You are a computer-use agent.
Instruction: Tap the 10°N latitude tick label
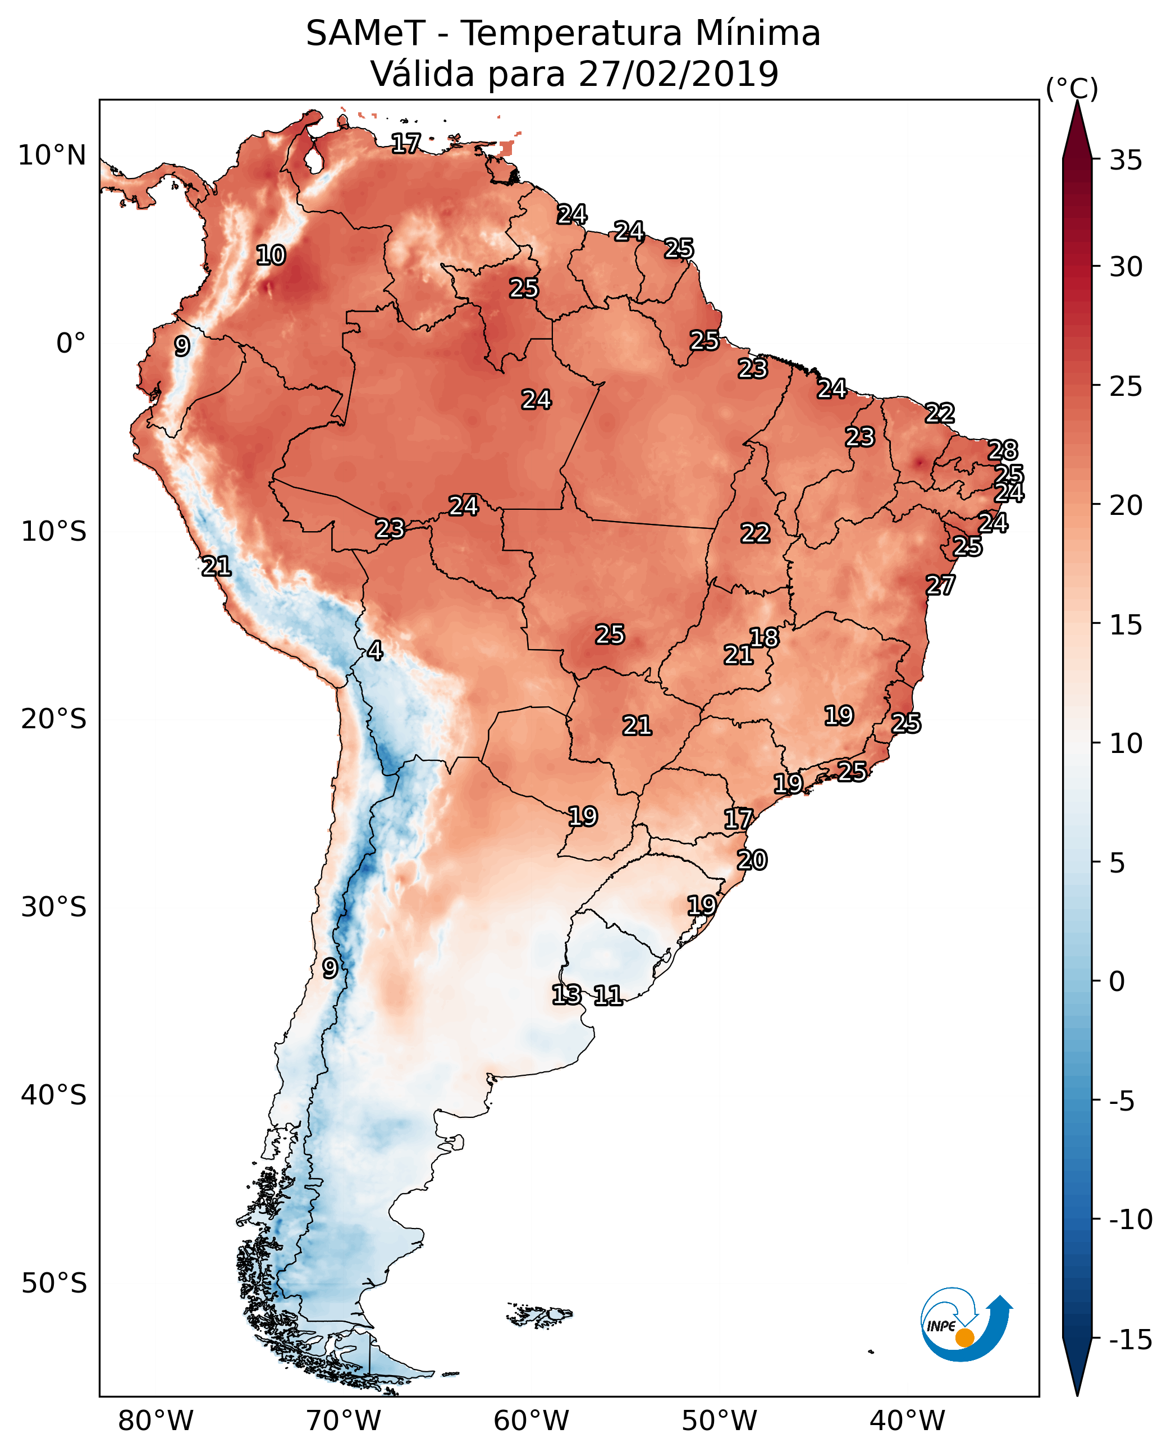52,156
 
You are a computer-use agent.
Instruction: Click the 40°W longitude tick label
907,1421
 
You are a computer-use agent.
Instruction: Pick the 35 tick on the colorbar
1126,161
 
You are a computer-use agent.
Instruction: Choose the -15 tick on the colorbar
1131,1340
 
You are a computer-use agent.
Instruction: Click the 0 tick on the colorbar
1117,981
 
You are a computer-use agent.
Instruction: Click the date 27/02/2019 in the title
679,74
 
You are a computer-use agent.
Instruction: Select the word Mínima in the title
757,33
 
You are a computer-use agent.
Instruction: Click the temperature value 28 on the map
1003,450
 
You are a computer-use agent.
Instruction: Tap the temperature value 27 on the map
940,585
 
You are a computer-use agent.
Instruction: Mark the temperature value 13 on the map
566,994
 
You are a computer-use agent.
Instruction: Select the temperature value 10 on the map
271,255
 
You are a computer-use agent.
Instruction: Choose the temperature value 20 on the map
752,860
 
